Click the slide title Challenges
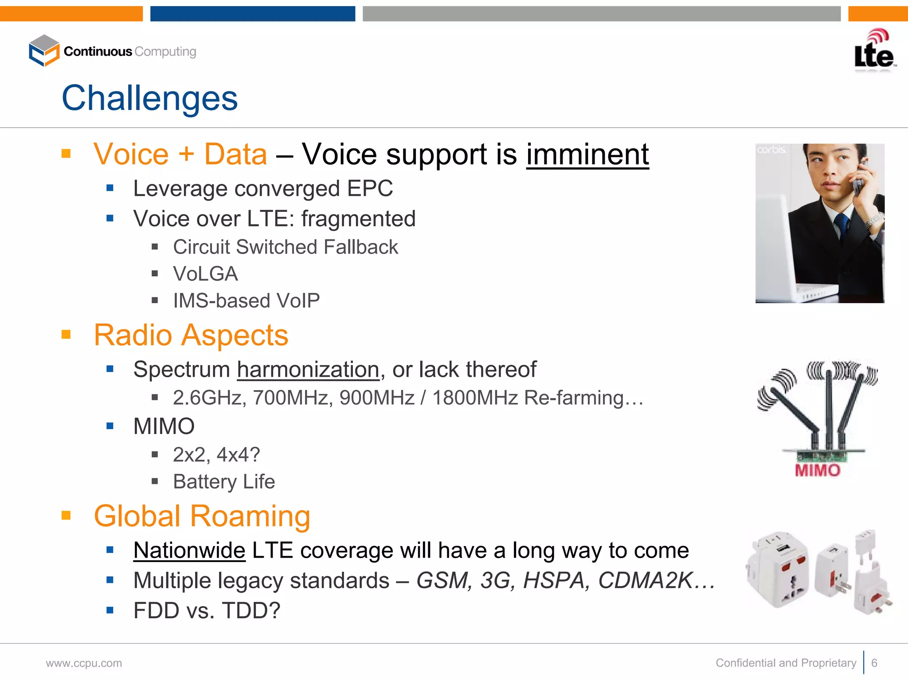pos(149,98)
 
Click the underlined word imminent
pos(587,154)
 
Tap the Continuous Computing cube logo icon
pos(44,51)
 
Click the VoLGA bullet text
pos(205,274)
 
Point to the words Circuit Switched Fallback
pos(285,247)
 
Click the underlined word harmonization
pos(308,370)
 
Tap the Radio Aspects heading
pos(191,335)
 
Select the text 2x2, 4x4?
pos(216,455)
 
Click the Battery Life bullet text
pos(223,482)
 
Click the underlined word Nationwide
pos(189,551)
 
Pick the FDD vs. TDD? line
pos(207,610)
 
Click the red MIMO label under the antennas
pos(818,470)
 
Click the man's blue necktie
pos(841,226)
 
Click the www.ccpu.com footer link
pos(84,663)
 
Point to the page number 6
pos(874,663)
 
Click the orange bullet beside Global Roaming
pos(66,515)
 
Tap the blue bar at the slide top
pos(252,14)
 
